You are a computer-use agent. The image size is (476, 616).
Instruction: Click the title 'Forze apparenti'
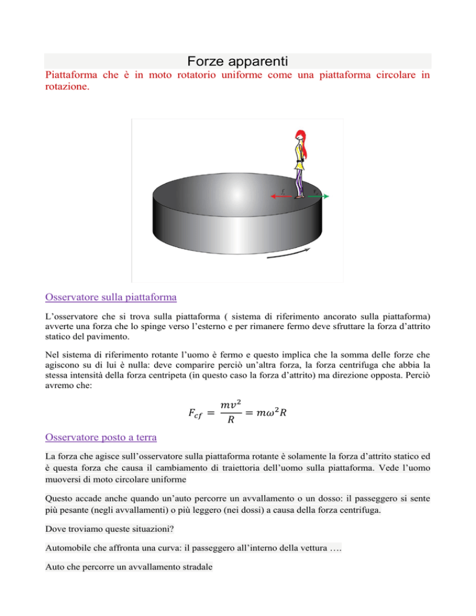click(237, 61)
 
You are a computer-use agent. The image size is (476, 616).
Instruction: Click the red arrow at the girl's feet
click(281, 196)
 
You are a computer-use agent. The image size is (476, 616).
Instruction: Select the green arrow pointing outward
click(317, 196)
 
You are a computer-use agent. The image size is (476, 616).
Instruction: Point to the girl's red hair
click(300, 137)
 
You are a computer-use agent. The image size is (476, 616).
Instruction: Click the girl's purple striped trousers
click(300, 181)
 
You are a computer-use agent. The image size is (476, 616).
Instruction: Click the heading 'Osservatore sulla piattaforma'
click(111, 297)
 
